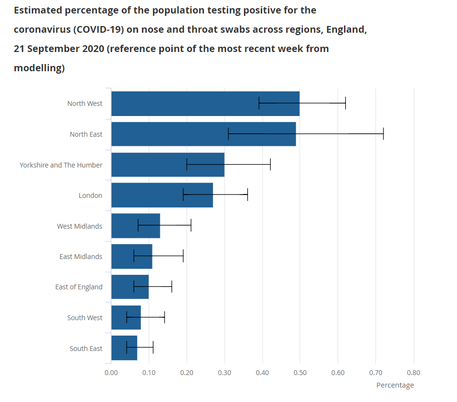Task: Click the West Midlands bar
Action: pos(125,226)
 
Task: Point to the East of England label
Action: pos(79,287)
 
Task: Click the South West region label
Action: pos(85,318)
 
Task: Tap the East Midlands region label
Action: pos(81,257)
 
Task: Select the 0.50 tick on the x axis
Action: pos(300,373)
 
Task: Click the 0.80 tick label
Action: pos(413,373)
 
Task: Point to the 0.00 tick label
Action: pos(111,373)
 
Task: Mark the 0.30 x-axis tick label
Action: pos(224,373)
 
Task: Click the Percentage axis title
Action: pos(395,385)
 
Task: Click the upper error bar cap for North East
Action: pos(383,134)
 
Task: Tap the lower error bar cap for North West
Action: pos(259,103)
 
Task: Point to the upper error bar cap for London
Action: pos(247,195)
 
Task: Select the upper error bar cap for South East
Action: pos(153,348)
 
